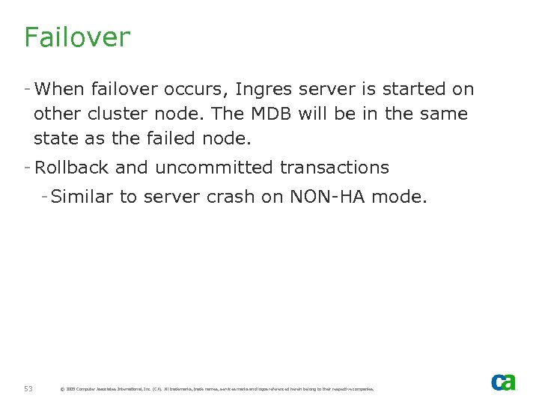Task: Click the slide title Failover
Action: [x=76, y=37]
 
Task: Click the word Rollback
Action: [x=72, y=168]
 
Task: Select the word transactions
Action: [x=335, y=168]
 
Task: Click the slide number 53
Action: [x=28, y=389]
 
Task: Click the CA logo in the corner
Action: [x=503, y=382]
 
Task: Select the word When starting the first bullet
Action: [x=60, y=90]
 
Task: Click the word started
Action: [x=415, y=90]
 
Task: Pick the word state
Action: [x=55, y=139]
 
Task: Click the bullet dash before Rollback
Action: [x=27, y=166]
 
